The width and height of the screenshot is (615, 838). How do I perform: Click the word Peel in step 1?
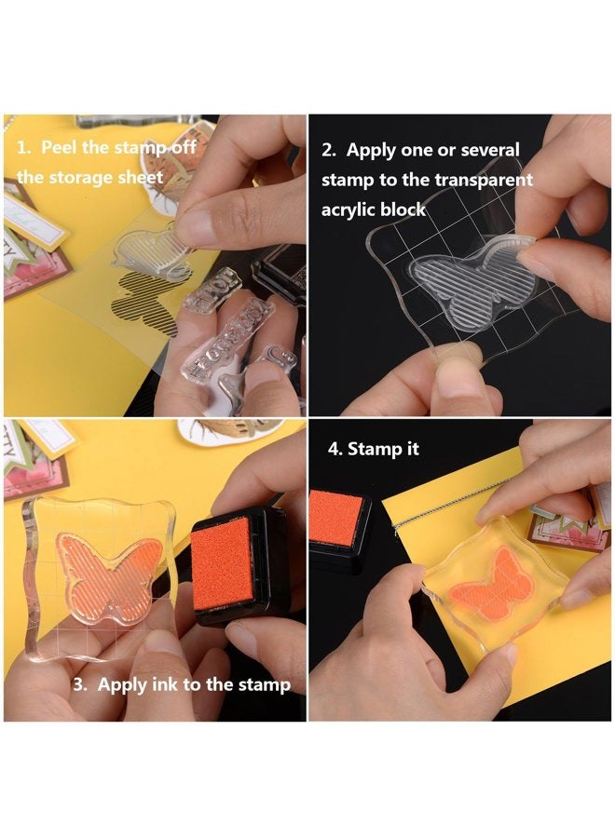coord(60,149)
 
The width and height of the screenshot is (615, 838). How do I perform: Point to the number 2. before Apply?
coord(331,150)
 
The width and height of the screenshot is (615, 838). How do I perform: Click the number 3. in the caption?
coord(80,684)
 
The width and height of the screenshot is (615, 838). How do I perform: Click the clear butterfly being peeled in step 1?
coord(150,251)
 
